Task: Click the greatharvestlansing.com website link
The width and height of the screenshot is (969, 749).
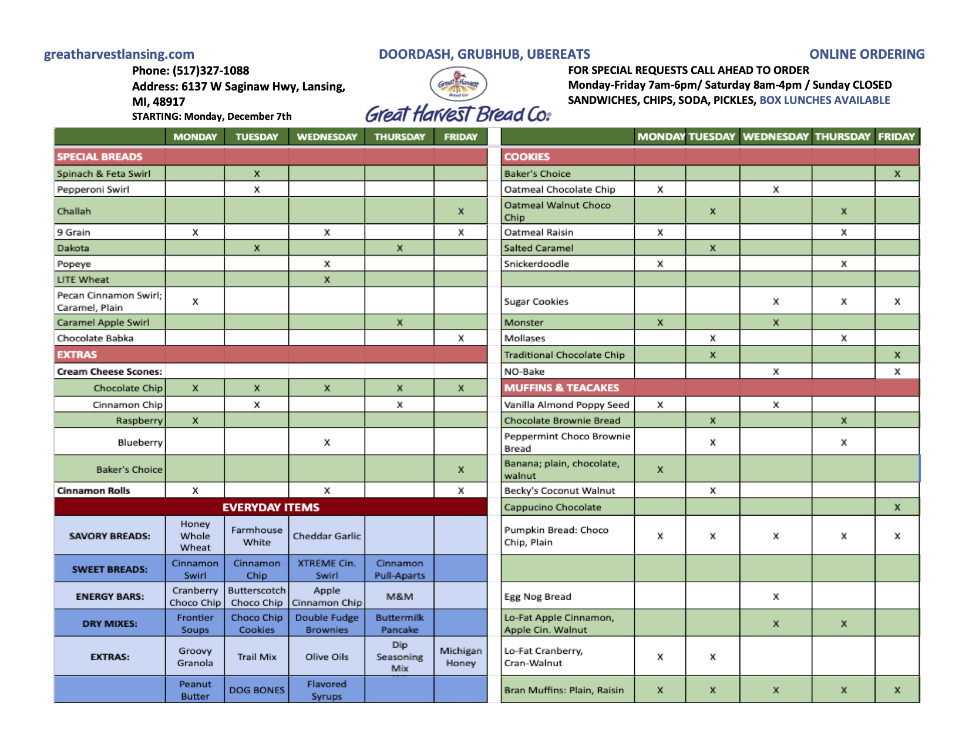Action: tap(119, 54)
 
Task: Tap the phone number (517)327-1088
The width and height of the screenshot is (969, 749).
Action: tap(211, 70)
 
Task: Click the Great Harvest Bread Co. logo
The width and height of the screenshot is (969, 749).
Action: tap(458, 97)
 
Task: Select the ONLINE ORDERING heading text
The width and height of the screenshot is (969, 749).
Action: tap(867, 54)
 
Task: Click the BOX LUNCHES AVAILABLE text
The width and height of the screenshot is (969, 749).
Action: tap(825, 100)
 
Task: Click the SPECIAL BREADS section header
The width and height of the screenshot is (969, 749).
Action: tap(100, 157)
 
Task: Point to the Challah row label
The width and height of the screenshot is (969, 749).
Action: tap(74, 211)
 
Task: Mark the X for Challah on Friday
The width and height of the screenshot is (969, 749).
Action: tap(461, 211)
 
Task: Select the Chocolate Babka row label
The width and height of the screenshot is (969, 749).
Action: tap(95, 338)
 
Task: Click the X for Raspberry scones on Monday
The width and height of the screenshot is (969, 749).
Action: tap(195, 421)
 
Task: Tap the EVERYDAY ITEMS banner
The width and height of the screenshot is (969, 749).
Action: tap(271, 507)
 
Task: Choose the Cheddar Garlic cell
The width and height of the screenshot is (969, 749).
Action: tap(327, 536)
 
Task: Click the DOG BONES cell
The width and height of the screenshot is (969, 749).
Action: tap(257, 690)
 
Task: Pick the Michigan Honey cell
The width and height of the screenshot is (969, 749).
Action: tap(460, 657)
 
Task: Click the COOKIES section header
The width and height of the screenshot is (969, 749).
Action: tap(527, 157)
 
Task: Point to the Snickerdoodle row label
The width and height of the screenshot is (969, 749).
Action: tap(536, 264)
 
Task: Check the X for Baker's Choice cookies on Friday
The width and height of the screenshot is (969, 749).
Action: tap(897, 174)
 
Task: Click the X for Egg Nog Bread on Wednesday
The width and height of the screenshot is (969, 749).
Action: tap(776, 597)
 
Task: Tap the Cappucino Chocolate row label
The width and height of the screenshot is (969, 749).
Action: tap(552, 507)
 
